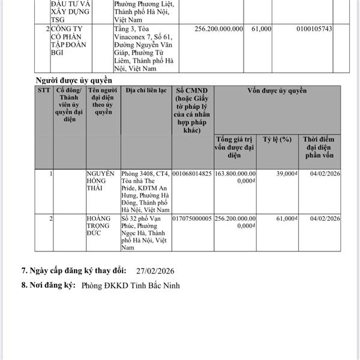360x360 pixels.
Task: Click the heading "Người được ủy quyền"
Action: coord(74,80)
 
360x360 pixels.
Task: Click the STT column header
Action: coord(43,91)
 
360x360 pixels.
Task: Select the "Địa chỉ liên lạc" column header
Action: coord(146,91)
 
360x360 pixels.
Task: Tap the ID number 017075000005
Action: coord(192,219)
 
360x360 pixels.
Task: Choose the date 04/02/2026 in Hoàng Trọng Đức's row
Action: coord(326,219)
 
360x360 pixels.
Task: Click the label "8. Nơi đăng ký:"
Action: coord(47,286)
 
